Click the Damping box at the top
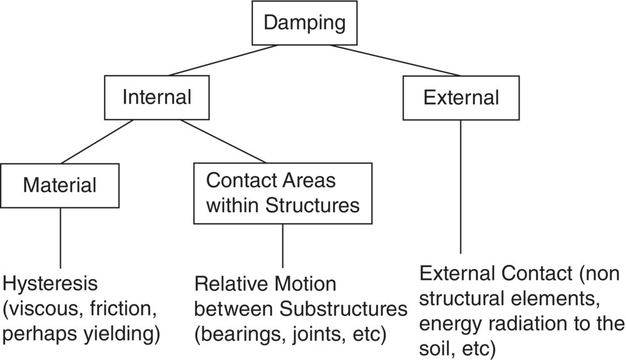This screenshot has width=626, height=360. (x=304, y=23)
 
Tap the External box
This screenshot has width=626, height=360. (x=461, y=98)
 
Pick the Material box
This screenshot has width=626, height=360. (x=60, y=185)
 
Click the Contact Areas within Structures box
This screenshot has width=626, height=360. (x=282, y=193)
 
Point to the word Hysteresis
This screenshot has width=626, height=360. (x=50, y=284)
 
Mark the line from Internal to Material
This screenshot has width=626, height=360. (x=97, y=141)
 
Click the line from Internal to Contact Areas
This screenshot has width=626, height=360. (x=223, y=141)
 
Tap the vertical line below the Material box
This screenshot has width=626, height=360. (x=60, y=238)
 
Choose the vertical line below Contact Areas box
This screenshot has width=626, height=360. (x=282, y=245)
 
